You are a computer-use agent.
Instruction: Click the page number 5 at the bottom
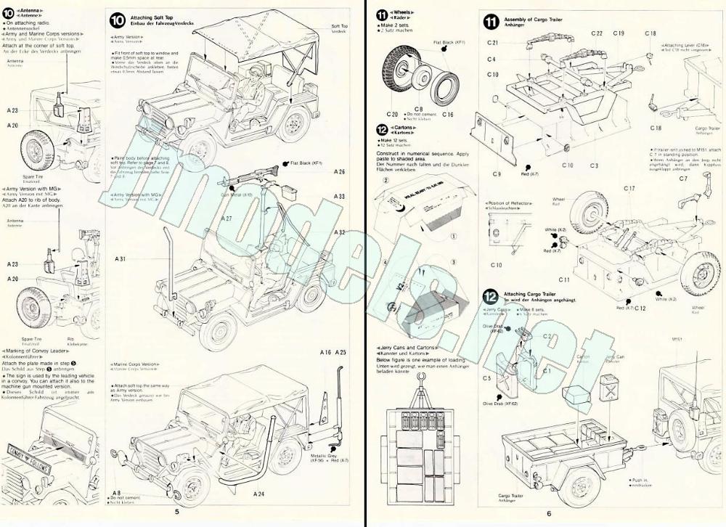pos(176,512)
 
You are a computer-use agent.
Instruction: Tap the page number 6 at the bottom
pos(549,512)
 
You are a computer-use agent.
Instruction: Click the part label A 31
pos(121,259)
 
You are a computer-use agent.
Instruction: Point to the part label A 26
pos(340,172)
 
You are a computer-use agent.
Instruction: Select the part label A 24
pos(259,494)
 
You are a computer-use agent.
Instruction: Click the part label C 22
pos(597,33)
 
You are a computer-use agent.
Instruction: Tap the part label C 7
pos(683,178)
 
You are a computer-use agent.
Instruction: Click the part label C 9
pos(497,174)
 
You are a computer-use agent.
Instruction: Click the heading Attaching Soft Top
pos(151,16)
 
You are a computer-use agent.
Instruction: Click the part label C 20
pos(393,115)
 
